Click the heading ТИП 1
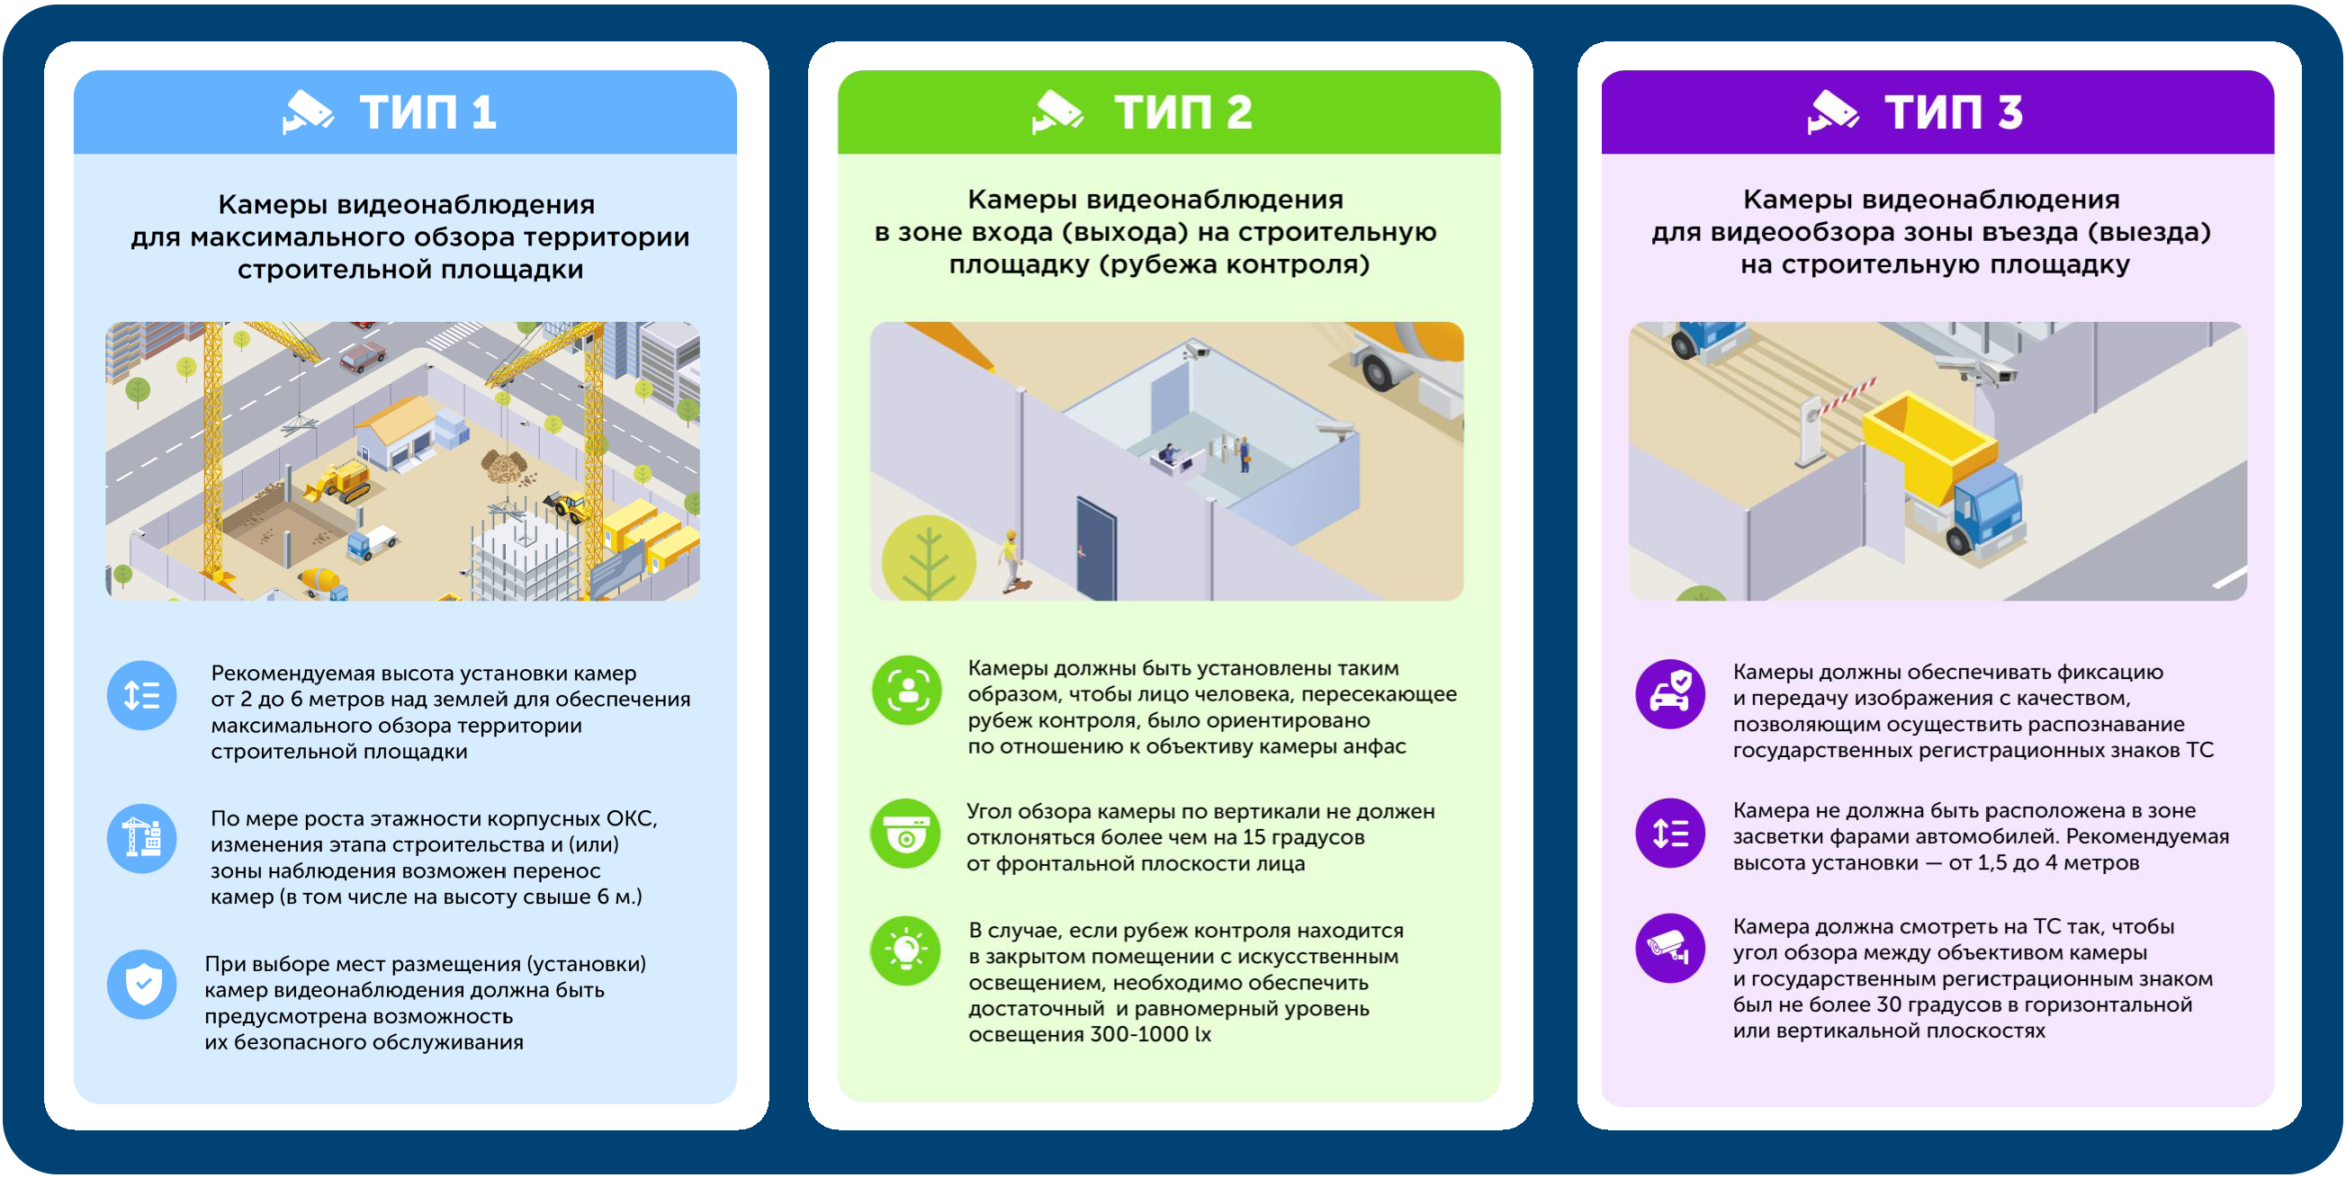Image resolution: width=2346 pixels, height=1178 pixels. (427, 113)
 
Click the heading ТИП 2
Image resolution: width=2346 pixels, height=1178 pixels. (1183, 113)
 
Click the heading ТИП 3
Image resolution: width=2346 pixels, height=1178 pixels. (1953, 113)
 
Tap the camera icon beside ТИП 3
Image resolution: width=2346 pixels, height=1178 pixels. (1831, 112)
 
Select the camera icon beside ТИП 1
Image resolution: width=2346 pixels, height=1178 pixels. (307, 112)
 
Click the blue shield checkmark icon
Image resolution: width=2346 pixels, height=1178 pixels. (142, 983)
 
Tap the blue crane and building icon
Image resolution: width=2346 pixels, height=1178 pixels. (142, 837)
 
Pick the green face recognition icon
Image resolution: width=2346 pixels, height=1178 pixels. (906, 690)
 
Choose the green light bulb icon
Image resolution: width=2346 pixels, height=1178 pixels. (906, 950)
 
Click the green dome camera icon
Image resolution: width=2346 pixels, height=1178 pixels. (906, 833)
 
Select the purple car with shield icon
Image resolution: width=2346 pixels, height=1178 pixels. (1670, 693)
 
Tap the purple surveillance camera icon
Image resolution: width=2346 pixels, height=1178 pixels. (1670, 948)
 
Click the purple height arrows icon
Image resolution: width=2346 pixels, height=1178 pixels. (1670, 833)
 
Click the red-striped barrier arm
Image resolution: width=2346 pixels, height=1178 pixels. (1844, 398)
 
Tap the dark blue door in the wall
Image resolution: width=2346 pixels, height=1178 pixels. (1096, 548)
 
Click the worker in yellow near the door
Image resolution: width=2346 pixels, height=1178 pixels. (1009, 559)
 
